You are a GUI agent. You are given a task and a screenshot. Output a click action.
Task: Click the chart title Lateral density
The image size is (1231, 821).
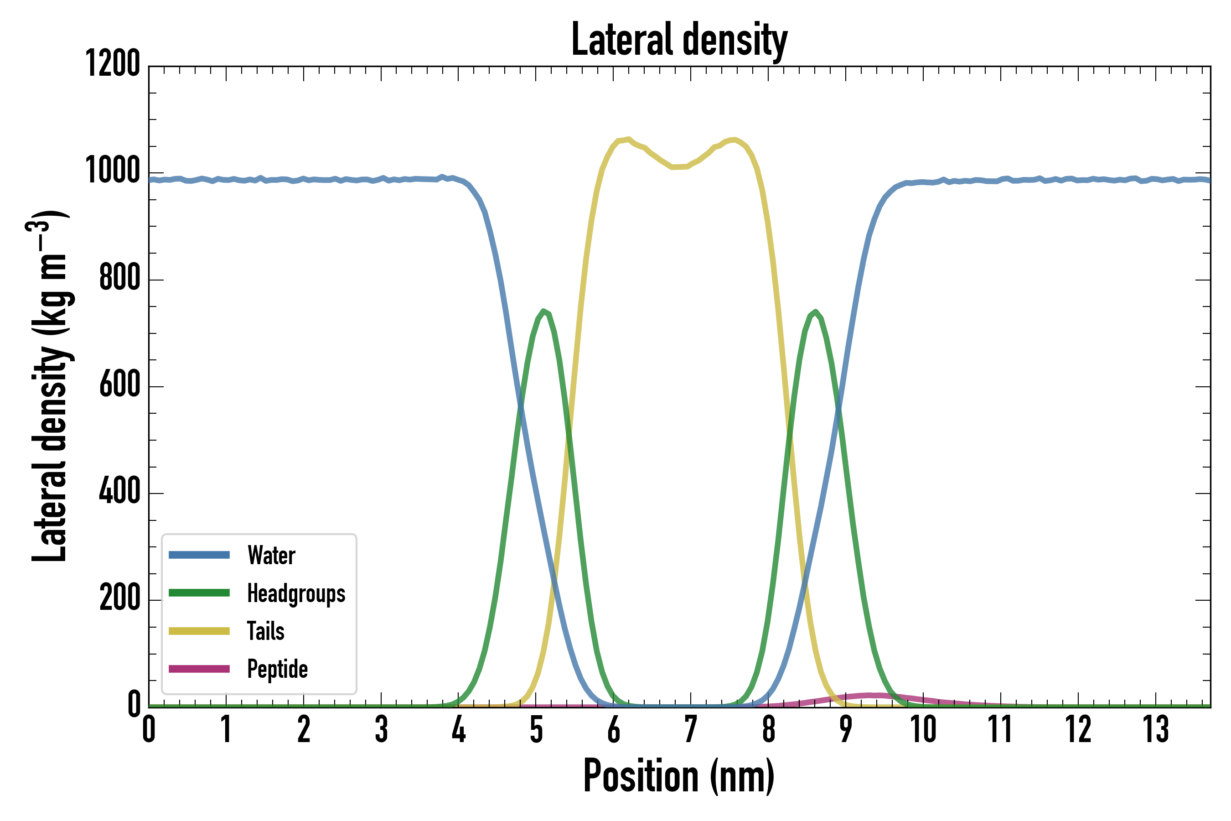(x=679, y=40)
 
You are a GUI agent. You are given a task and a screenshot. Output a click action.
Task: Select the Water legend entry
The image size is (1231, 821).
(x=271, y=555)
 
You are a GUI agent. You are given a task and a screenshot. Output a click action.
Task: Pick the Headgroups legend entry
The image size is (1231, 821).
(x=296, y=593)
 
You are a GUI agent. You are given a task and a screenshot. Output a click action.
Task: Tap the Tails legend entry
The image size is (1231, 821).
(x=265, y=631)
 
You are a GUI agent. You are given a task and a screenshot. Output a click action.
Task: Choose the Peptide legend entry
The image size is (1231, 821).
(x=277, y=669)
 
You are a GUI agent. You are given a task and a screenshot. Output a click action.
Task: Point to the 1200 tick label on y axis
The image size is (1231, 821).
(x=113, y=64)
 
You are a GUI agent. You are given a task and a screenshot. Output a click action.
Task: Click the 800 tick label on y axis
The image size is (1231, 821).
(x=120, y=277)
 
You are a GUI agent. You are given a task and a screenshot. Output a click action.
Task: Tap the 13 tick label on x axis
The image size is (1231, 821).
(x=1155, y=729)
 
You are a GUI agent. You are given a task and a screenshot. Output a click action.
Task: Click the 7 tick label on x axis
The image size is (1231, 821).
(x=691, y=729)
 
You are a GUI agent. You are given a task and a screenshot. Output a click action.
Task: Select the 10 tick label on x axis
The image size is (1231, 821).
(x=923, y=729)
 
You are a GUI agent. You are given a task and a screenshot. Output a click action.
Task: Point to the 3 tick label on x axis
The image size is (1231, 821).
(x=381, y=729)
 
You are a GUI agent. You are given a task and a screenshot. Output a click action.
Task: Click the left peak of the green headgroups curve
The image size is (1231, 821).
(x=544, y=311)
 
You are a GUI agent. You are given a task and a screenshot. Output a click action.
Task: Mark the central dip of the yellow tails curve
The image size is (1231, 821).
(x=678, y=167)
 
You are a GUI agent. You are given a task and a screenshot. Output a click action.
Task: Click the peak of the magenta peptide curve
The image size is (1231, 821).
(x=871, y=695)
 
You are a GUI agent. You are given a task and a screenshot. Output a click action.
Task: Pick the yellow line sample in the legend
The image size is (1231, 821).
(x=199, y=631)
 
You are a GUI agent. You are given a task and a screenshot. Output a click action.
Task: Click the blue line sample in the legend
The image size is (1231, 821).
(x=199, y=555)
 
